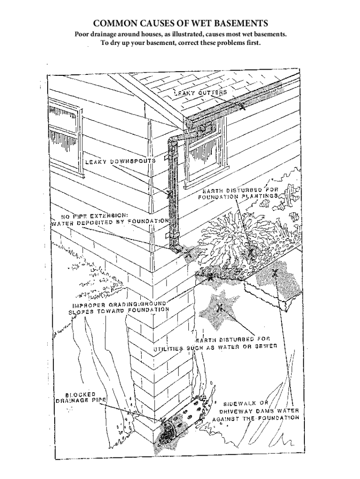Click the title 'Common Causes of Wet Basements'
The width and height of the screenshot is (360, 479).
(180, 23)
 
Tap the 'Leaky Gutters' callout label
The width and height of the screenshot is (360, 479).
(201, 93)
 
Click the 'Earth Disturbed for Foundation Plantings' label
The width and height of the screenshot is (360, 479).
(240, 193)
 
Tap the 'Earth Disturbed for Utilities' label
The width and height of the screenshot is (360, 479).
(216, 343)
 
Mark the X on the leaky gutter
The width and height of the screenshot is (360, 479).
(242, 105)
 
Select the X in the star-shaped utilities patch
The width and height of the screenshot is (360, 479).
(219, 307)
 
